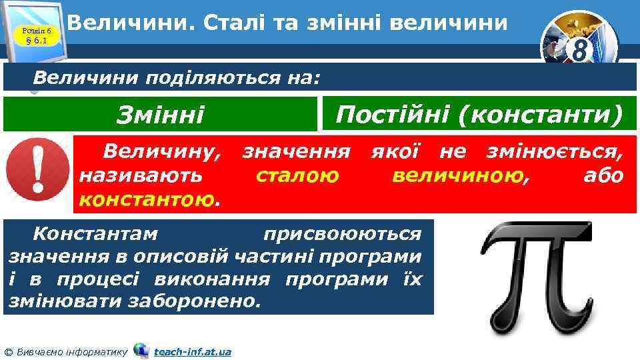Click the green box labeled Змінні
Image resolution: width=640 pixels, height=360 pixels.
(x=160, y=115)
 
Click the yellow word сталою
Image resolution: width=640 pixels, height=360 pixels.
(x=297, y=176)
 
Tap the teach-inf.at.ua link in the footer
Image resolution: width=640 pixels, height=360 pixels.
(x=192, y=351)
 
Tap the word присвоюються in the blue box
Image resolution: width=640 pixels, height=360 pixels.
(x=342, y=235)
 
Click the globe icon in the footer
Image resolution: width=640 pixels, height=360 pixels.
(x=141, y=350)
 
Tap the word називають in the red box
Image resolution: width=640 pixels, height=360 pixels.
(x=141, y=176)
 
